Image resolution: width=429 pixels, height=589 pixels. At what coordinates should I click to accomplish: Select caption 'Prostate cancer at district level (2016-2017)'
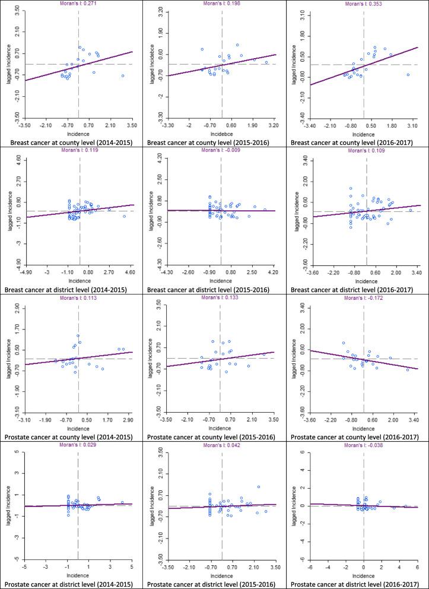pyautogui.click(x=358, y=583)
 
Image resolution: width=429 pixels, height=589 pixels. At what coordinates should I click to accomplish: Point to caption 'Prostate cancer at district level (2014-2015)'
pyautogui.click(x=72, y=583)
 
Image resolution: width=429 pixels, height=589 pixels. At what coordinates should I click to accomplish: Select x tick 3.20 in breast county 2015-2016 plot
pyautogui.click(x=273, y=125)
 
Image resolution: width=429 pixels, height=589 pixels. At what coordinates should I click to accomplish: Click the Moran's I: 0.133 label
pyautogui.click(x=221, y=299)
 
